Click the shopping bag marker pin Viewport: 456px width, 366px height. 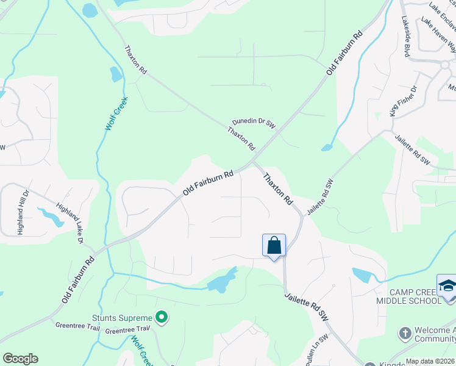coord(274,246)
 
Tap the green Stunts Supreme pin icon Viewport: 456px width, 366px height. coord(162,317)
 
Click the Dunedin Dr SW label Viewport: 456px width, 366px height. coord(254,123)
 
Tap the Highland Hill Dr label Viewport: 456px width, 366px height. coord(23,212)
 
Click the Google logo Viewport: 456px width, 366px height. coord(20,358)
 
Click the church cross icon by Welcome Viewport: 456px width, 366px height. coord(404,333)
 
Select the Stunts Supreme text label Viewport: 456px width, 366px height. coord(121,317)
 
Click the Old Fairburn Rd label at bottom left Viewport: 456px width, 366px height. coord(77,280)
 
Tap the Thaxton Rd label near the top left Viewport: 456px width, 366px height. coord(135,60)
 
